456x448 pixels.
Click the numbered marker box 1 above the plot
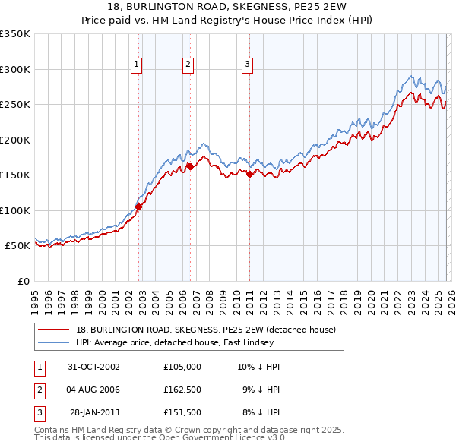136,65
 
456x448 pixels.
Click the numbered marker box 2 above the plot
187,65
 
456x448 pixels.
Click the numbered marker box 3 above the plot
247,65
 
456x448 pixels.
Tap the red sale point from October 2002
139,207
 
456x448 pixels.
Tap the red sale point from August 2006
190,166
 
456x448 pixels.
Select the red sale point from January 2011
249,174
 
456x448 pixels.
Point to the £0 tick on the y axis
23,281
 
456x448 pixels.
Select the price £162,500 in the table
182,390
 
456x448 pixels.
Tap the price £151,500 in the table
182,412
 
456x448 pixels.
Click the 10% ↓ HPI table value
258,367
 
